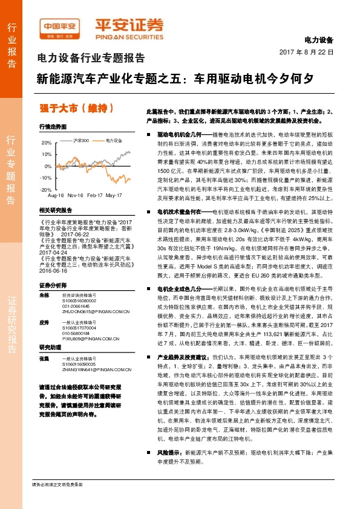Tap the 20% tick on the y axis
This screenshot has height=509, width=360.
point(47,143)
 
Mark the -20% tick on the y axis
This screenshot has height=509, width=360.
point(46,189)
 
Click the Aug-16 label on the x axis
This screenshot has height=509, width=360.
point(55,196)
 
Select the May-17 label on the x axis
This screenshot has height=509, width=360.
point(114,196)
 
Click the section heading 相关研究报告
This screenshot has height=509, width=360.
point(55,210)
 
